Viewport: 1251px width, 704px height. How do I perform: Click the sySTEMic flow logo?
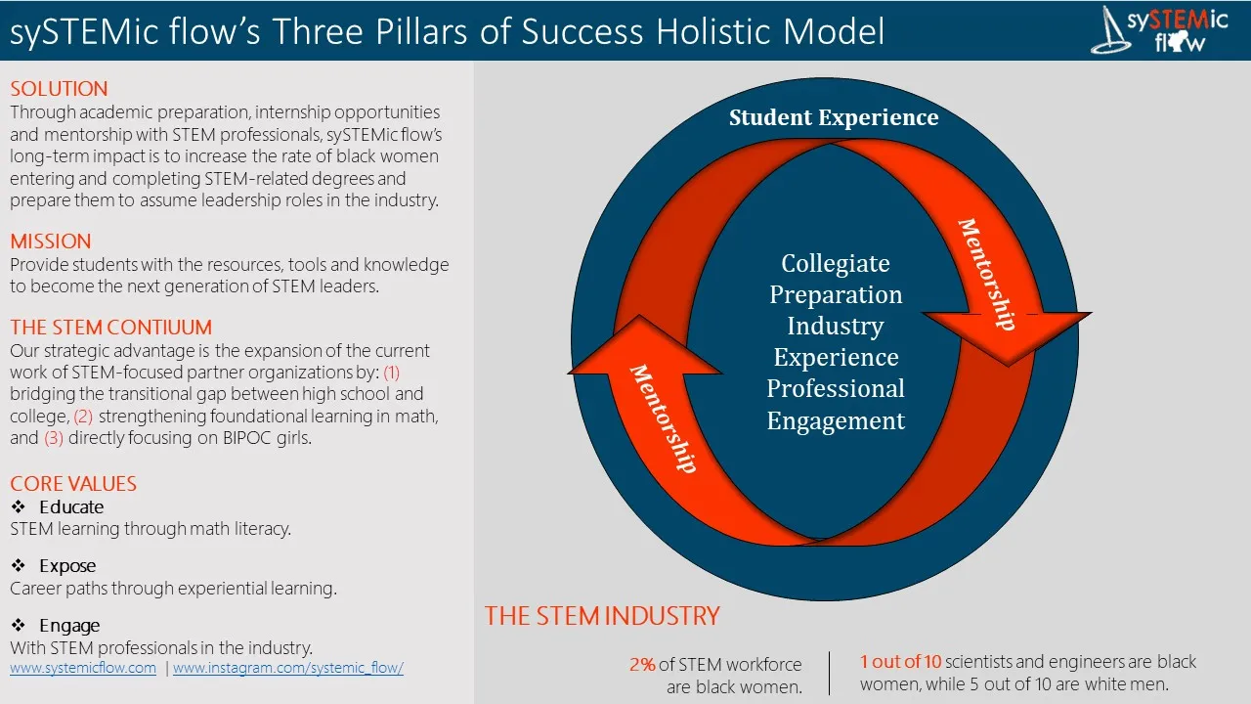point(1159,29)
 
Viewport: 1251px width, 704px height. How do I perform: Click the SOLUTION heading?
point(59,89)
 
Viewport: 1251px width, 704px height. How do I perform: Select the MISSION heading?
point(50,242)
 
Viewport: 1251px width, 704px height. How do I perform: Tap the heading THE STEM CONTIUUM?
point(111,328)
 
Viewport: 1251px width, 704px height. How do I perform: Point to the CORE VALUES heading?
point(73,484)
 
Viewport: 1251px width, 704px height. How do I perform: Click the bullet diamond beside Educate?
point(19,506)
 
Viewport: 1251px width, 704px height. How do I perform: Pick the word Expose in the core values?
point(67,566)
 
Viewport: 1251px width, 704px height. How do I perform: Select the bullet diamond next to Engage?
point(19,625)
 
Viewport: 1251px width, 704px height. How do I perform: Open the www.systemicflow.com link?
point(83,668)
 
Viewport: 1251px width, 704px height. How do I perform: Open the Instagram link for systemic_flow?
point(288,668)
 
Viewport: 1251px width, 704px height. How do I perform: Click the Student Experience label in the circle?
point(834,117)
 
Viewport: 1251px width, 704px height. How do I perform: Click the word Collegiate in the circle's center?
point(836,263)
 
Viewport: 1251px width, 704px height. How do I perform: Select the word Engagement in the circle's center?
point(836,421)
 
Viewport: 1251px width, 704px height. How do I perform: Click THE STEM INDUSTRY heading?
point(602,616)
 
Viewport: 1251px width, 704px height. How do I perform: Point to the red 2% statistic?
point(642,665)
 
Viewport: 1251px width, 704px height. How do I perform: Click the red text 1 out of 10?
point(900,662)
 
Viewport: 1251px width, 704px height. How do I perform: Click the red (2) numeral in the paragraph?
point(83,417)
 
